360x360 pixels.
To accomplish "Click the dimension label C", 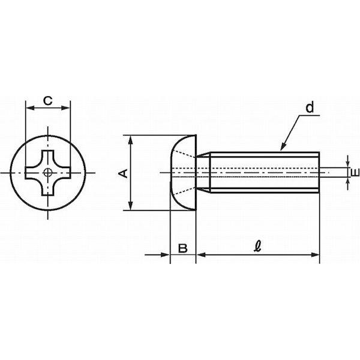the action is pyautogui.click(x=48, y=101).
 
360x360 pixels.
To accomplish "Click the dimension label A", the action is pyautogui.click(x=123, y=173).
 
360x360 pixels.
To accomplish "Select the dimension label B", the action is pyautogui.click(x=183, y=248).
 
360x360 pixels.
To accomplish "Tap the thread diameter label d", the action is pyautogui.click(x=310, y=107).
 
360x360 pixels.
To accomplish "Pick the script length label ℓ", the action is pyautogui.click(x=258, y=247).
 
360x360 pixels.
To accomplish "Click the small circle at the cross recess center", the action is pyautogui.click(x=48, y=173).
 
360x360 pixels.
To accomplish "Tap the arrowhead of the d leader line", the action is pyautogui.click(x=283, y=147).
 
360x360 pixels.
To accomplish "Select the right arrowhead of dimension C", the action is pyautogui.click(x=65, y=107).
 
